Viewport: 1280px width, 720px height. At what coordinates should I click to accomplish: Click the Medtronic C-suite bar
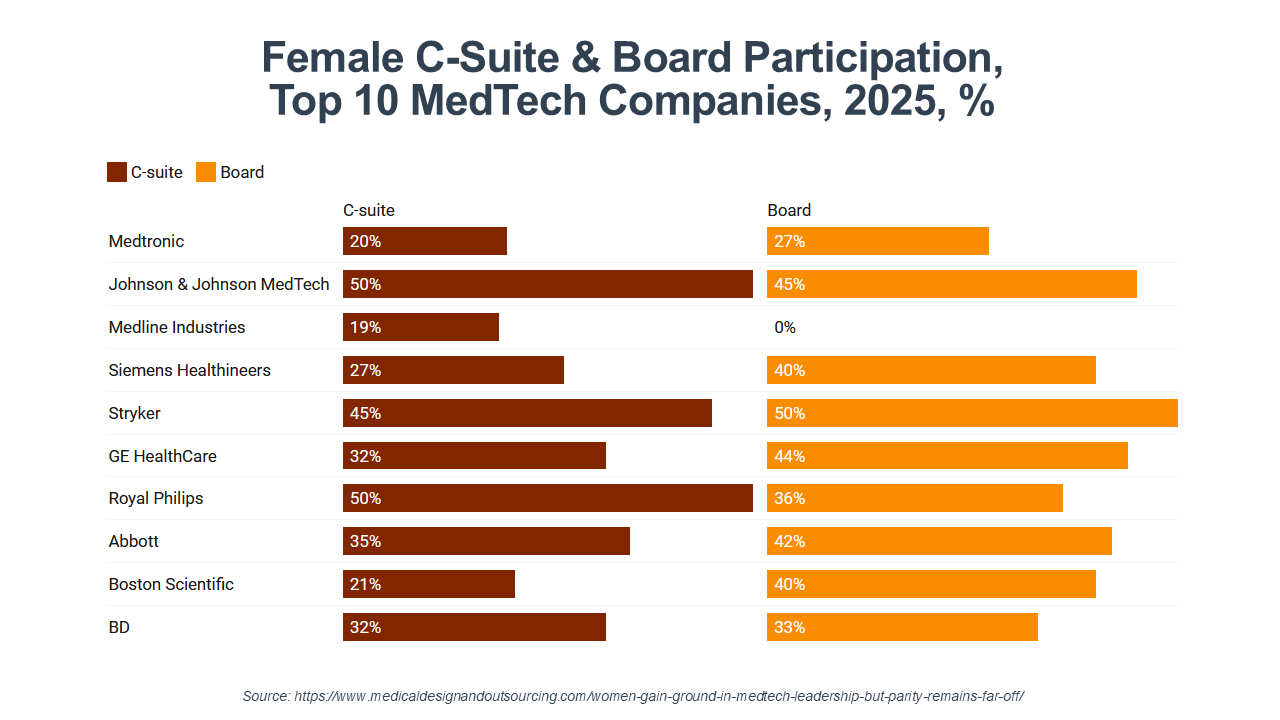(425, 241)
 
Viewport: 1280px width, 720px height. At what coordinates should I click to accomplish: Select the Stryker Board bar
(972, 413)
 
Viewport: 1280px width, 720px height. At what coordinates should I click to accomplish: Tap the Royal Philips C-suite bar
(548, 498)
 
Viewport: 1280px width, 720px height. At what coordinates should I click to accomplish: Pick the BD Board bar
(902, 627)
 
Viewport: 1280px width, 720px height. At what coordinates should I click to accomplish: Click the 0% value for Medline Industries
(785, 327)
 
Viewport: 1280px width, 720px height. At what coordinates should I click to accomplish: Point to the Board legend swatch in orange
(206, 172)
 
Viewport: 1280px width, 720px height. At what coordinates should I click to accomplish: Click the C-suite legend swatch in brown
(117, 172)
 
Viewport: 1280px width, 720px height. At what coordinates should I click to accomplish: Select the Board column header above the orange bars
(789, 210)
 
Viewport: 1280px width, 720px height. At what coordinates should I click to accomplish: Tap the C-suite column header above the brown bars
(369, 210)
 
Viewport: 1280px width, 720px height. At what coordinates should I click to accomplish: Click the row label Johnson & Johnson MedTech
(219, 284)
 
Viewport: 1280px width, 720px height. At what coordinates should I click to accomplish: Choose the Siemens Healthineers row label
(190, 370)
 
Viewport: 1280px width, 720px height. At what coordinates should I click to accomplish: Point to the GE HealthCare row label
(163, 456)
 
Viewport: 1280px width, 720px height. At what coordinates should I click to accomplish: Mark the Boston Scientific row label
(171, 584)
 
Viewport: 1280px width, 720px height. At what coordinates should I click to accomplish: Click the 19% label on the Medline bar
(365, 327)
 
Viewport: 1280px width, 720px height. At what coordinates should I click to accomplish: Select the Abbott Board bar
(939, 541)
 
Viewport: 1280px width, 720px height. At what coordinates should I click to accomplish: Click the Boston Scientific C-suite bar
(429, 584)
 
